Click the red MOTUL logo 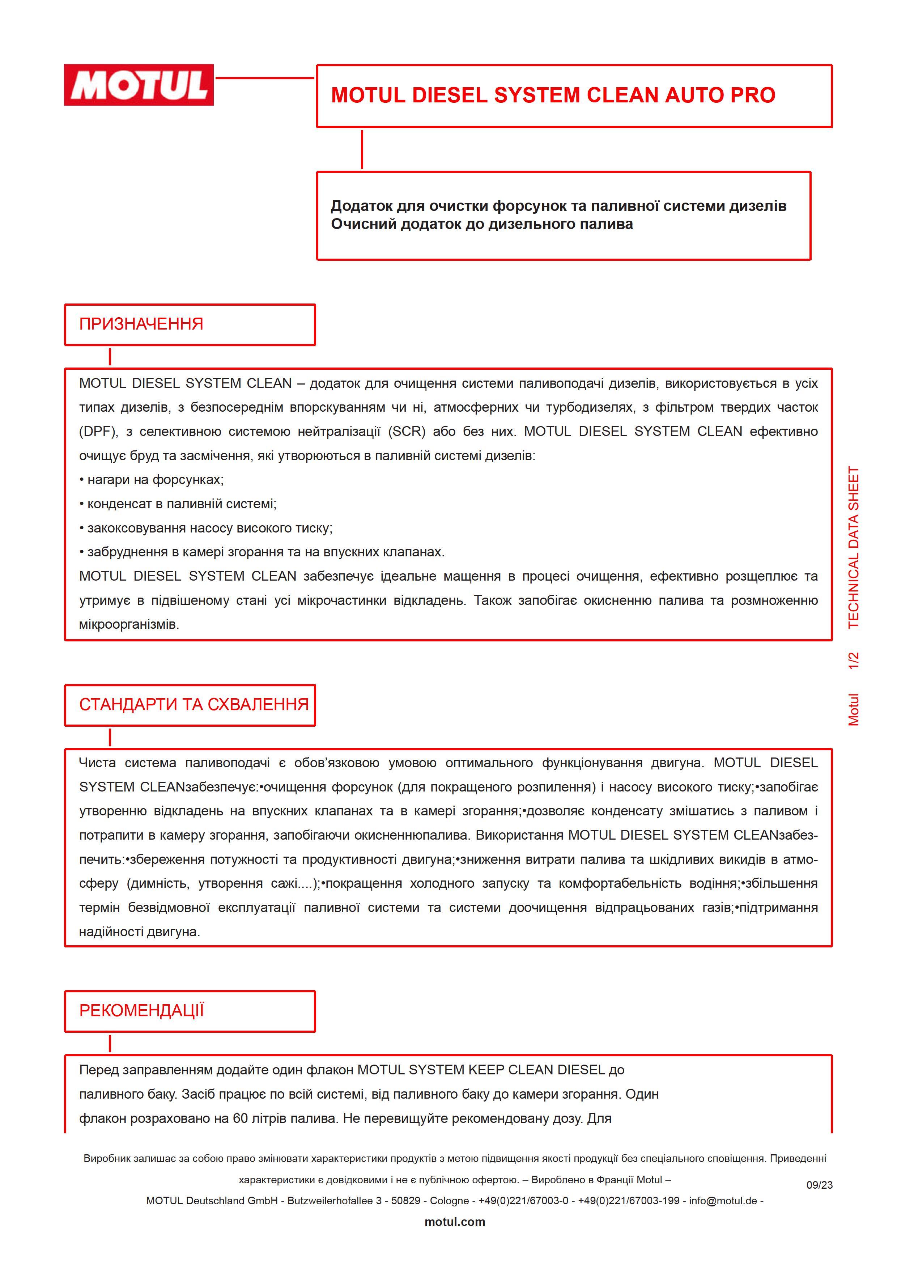139,85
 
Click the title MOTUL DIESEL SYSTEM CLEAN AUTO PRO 553,95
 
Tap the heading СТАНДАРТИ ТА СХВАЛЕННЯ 194,704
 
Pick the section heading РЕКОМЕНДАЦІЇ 141,1010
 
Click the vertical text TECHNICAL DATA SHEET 854,547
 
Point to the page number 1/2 854,661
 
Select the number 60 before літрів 241,1118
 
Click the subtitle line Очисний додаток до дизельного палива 482,224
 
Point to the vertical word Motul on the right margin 854,710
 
